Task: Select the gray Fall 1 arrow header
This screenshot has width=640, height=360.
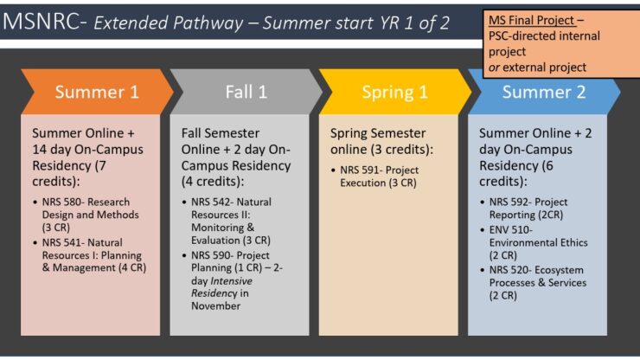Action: click(x=246, y=92)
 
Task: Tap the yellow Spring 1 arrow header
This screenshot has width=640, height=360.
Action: click(x=394, y=92)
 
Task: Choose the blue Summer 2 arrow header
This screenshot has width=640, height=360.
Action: click(x=543, y=92)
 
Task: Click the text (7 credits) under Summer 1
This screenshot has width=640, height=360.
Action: click(x=116, y=164)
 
